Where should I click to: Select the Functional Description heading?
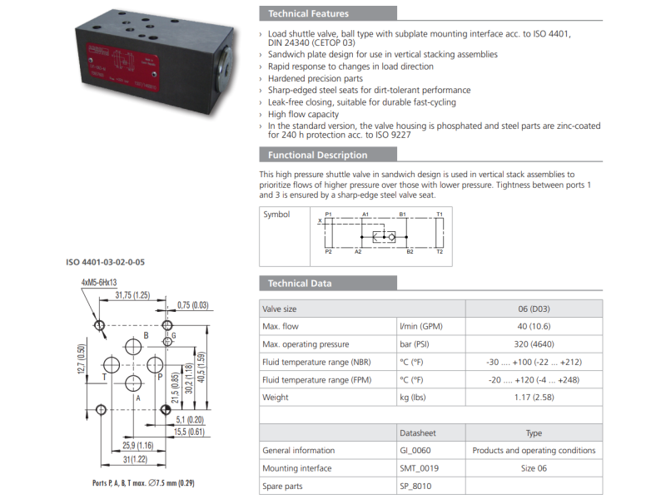[x=317, y=155]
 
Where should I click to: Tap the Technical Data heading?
[x=300, y=284]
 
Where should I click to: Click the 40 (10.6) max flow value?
[x=534, y=327]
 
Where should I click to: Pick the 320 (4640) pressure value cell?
[x=534, y=344]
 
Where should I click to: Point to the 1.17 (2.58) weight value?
[x=534, y=398]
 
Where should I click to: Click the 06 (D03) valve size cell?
[x=534, y=309]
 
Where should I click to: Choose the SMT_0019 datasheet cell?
[x=420, y=468]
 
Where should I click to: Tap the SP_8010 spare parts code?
[x=416, y=487]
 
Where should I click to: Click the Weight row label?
[x=276, y=398]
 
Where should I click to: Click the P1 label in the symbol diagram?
[x=329, y=215]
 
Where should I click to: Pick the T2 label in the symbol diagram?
[x=440, y=250]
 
